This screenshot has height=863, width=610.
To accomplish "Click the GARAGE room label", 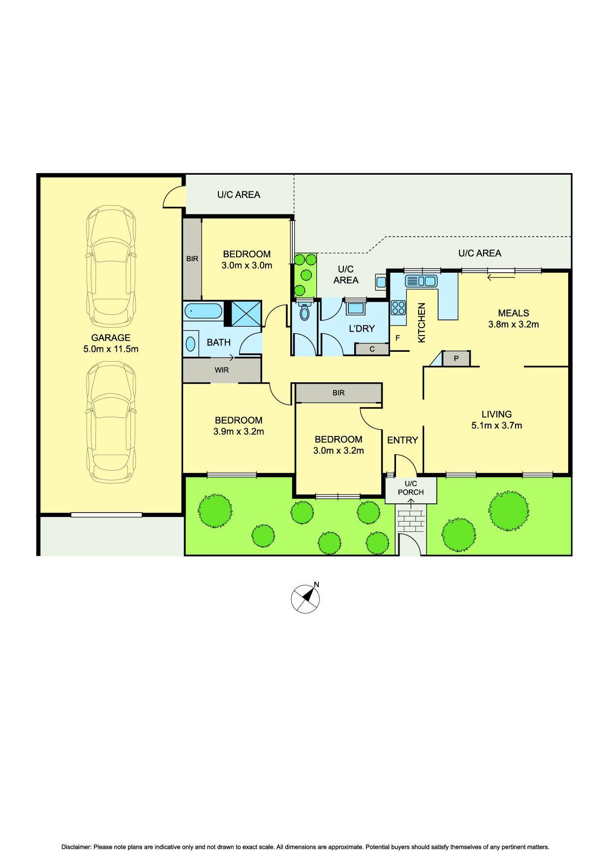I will point(110,338).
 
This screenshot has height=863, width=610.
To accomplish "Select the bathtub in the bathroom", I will point(203,312).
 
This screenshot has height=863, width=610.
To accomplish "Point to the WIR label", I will point(221,370).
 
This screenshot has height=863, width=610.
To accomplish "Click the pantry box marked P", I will point(456,359).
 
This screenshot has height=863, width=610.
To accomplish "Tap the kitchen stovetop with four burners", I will point(398,308).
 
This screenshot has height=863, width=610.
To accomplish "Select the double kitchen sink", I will point(421,281).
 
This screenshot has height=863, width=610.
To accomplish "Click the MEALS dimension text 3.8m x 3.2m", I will point(513,324).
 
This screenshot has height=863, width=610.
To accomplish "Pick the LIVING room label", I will point(496,414).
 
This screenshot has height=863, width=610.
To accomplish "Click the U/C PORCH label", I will point(411,488).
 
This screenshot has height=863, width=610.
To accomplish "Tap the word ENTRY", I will point(402,440).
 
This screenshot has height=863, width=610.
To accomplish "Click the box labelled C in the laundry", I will point(372,349).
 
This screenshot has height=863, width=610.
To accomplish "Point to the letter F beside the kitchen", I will point(397,338).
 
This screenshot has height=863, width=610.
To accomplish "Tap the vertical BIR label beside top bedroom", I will point(192,258).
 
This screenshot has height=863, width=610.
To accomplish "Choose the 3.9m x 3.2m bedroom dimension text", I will point(239,432).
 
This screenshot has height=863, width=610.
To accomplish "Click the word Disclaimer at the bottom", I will point(76,847).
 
